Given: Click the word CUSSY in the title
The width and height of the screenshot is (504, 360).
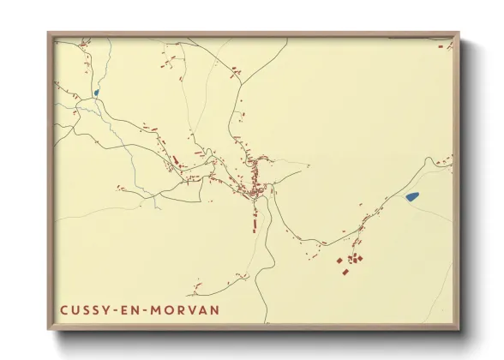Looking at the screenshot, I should click(84, 309).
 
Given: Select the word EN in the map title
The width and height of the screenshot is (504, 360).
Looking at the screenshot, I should click(129, 309).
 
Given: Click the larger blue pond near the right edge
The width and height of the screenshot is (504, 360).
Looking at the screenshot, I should click(412, 197).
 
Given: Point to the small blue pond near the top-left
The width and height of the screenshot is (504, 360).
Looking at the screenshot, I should click(96, 93).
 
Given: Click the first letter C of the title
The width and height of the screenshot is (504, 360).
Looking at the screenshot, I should click(63, 309).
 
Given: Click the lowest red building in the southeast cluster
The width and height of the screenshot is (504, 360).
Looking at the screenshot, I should click(345, 273).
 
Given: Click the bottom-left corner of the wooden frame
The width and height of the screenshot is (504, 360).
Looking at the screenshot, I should click(49, 328).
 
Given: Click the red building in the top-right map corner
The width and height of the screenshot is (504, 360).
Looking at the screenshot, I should click(446, 159).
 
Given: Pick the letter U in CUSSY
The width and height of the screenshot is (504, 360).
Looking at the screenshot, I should click(74, 309).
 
